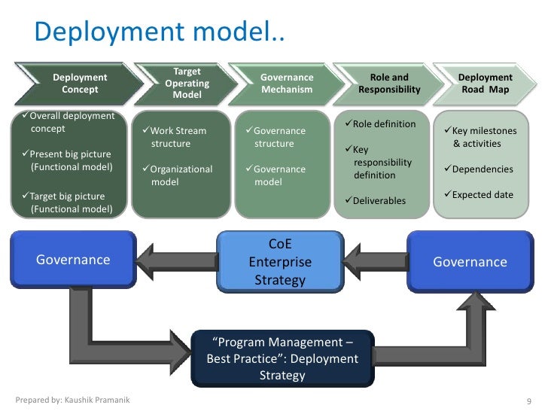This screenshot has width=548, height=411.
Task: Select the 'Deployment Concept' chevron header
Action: point(80,84)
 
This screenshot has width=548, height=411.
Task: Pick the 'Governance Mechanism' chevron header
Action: point(286,84)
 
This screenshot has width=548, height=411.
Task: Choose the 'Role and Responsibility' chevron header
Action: point(389,84)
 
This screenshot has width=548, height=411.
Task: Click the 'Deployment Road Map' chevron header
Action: point(485,84)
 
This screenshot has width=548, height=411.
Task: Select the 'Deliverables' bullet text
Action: point(379,201)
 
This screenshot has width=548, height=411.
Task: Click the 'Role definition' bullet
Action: point(384,123)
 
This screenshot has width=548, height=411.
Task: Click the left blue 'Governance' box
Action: point(74,260)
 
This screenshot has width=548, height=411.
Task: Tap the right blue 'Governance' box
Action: point(470,262)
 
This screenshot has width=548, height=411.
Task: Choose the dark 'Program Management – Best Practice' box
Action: point(282,358)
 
